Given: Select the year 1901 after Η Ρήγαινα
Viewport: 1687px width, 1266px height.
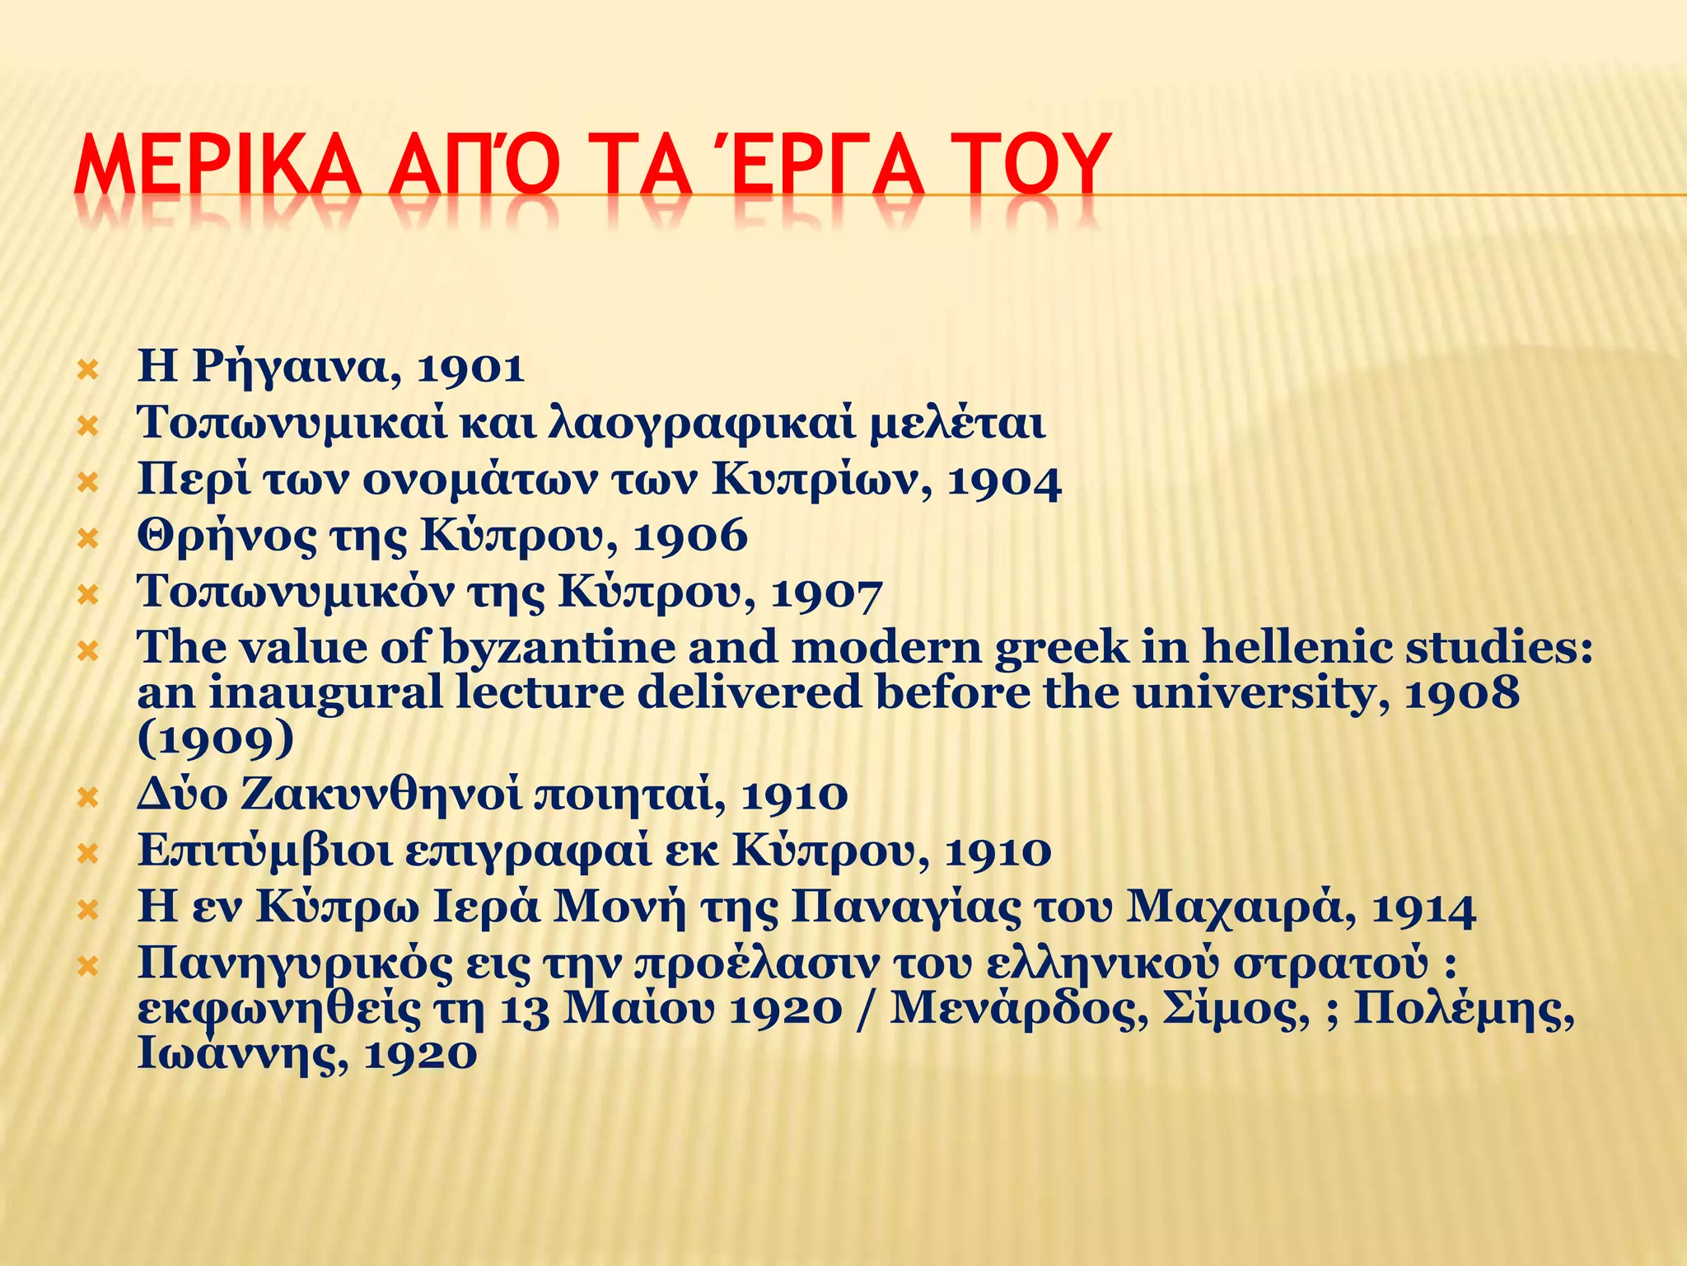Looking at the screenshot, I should click(470, 368).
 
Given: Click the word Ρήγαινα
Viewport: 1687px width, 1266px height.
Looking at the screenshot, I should click(297, 368).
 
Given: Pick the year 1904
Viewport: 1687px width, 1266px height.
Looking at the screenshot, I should click(1004, 481).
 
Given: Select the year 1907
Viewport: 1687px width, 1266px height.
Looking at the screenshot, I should click(826, 593).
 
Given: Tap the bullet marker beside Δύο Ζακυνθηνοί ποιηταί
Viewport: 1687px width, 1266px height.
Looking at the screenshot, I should click(87, 797).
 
